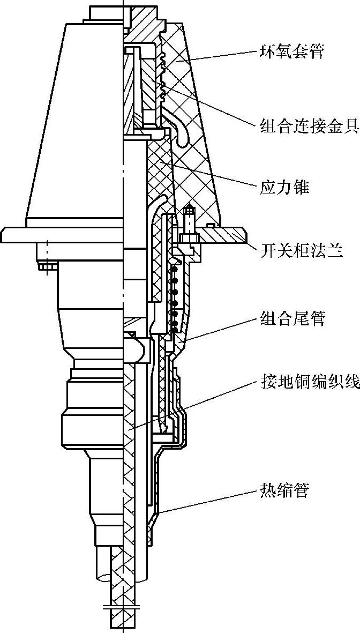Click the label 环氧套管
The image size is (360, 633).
pos(291,52)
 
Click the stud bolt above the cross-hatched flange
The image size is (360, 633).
pos(189,218)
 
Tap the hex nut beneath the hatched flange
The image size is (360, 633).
pos(189,237)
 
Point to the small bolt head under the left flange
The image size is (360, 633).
pos(42,265)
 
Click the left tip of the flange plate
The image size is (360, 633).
pos(3,234)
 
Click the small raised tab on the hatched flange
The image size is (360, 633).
pos(213,225)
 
